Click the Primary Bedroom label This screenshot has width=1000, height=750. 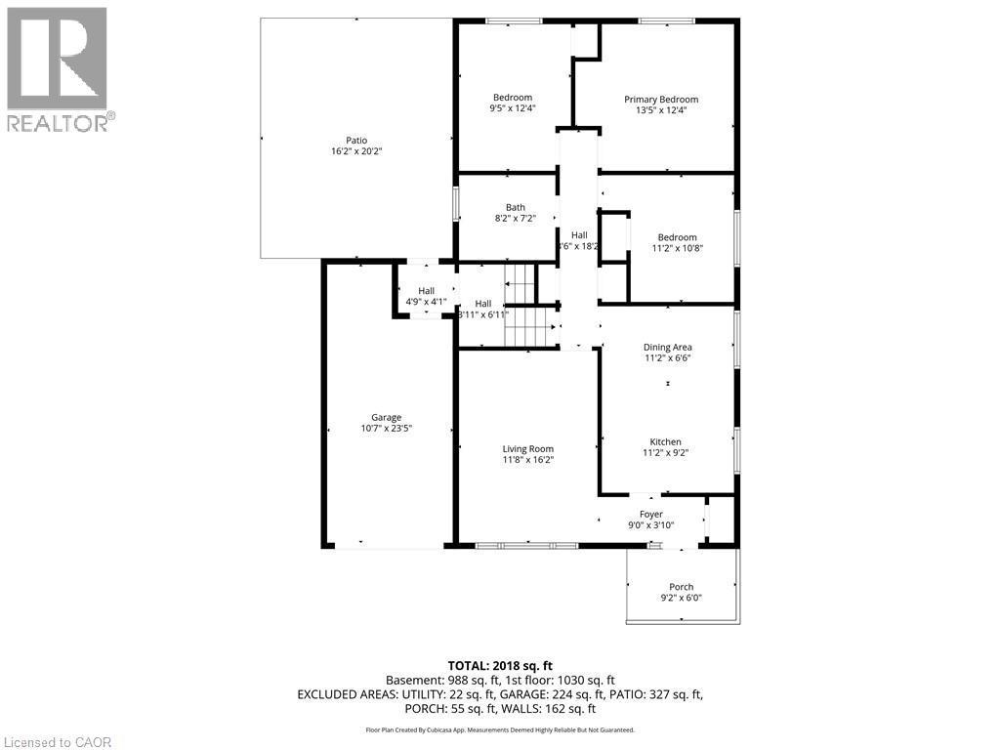(661, 100)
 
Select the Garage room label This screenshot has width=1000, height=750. (386, 417)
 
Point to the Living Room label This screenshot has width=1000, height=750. (527, 449)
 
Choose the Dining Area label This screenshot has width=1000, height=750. (667, 347)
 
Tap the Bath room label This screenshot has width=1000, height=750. (515, 207)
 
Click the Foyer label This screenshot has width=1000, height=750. (650, 514)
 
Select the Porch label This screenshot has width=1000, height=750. (681, 587)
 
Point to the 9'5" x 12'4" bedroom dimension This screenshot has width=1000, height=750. (512, 108)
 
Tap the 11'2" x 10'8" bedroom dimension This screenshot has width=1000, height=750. (677, 248)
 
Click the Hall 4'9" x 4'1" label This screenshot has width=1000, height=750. (426, 291)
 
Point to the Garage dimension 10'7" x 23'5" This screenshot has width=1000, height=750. (386, 429)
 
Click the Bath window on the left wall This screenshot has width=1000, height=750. (455, 203)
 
